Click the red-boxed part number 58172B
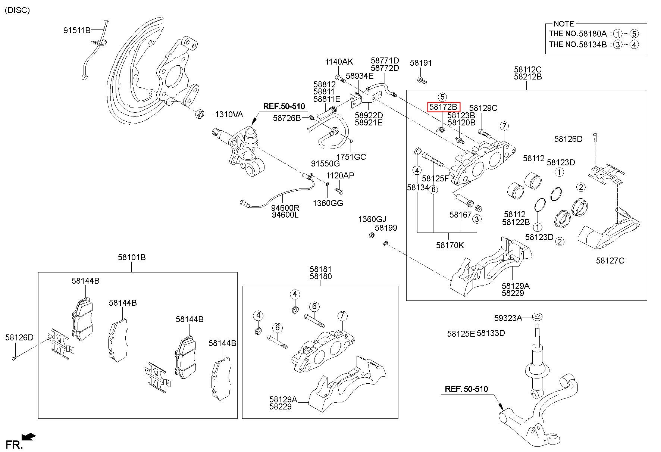(x=443, y=107)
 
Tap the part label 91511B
(x=77, y=30)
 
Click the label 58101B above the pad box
(x=132, y=257)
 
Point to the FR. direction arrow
(x=29, y=436)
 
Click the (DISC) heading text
(x=17, y=10)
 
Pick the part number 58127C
(x=610, y=261)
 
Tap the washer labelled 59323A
(x=537, y=317)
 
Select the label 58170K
(x=450, y=245)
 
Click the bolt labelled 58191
(x=421, y=80)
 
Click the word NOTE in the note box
(x=564, y=24)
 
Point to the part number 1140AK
(x=339, y=62)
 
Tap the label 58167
(x=460, y=215)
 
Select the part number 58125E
(x=461, y=333)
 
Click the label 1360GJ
(x=372, y=219)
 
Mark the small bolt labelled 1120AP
(x=339, y=190)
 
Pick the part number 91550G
(x=325, y=163)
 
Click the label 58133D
(x=491, y=333)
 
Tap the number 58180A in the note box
(x=593, y=34)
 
